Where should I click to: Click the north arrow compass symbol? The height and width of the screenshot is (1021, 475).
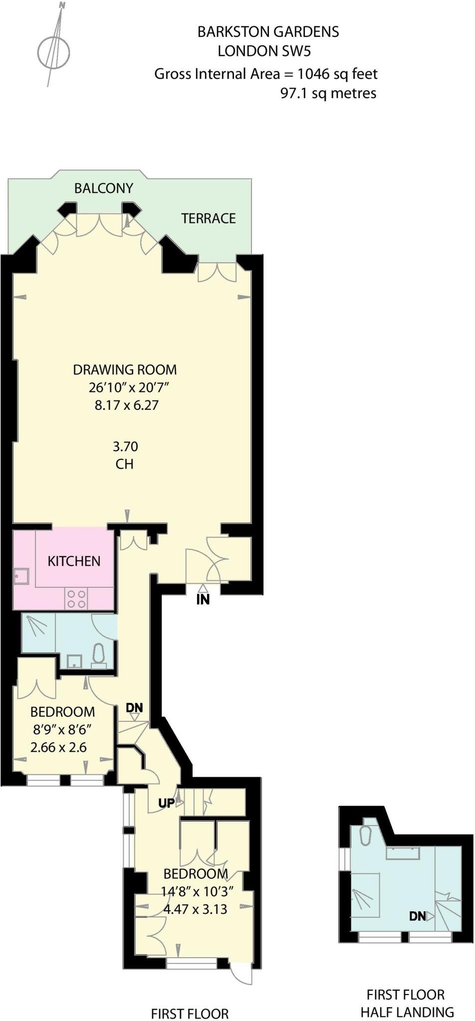53,50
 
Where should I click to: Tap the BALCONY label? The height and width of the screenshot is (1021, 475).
104,188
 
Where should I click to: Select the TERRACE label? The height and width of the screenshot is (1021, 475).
208,218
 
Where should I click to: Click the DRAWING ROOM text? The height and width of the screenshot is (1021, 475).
125,370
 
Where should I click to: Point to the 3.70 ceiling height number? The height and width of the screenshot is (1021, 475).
125,446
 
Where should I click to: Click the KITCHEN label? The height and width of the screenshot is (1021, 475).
74,561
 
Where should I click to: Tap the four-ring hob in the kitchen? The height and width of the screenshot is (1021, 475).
76,599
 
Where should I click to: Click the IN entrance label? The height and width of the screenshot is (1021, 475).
203,600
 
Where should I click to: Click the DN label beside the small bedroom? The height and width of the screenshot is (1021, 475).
134,707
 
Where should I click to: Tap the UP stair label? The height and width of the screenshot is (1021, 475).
167,803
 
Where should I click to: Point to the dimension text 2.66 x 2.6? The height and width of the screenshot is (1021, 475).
58,747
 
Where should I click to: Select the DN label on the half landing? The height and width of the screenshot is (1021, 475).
418,916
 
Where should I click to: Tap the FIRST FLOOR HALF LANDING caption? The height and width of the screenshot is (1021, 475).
407,1003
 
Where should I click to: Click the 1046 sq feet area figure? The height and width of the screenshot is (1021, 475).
338,74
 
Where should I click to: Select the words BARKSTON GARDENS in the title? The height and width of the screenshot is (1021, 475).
268,32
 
